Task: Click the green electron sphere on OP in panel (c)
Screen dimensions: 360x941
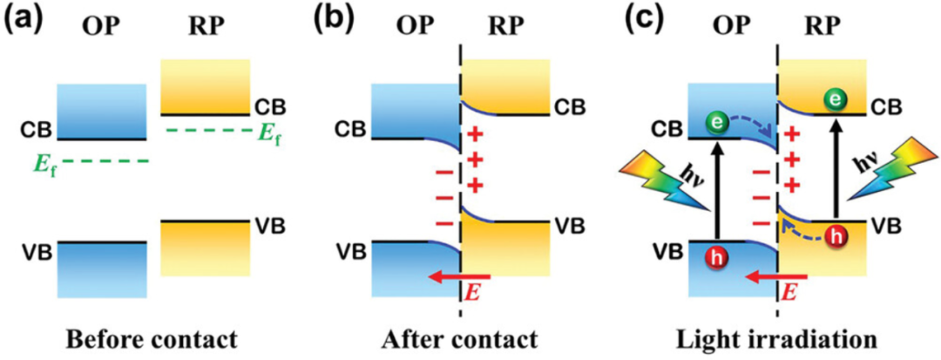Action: [714, 122]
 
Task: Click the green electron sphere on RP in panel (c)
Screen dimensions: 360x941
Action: [836, 101]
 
